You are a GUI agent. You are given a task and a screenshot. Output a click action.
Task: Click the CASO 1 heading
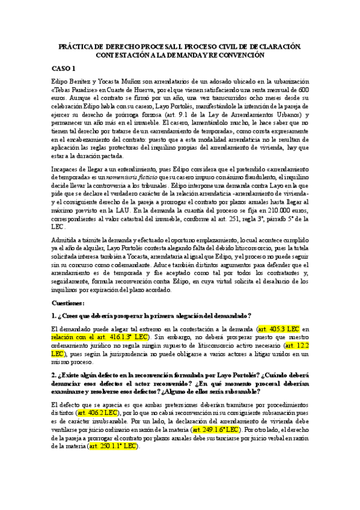coord(63,68)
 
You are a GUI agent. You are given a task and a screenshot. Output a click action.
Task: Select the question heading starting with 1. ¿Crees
coord(151,316)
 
